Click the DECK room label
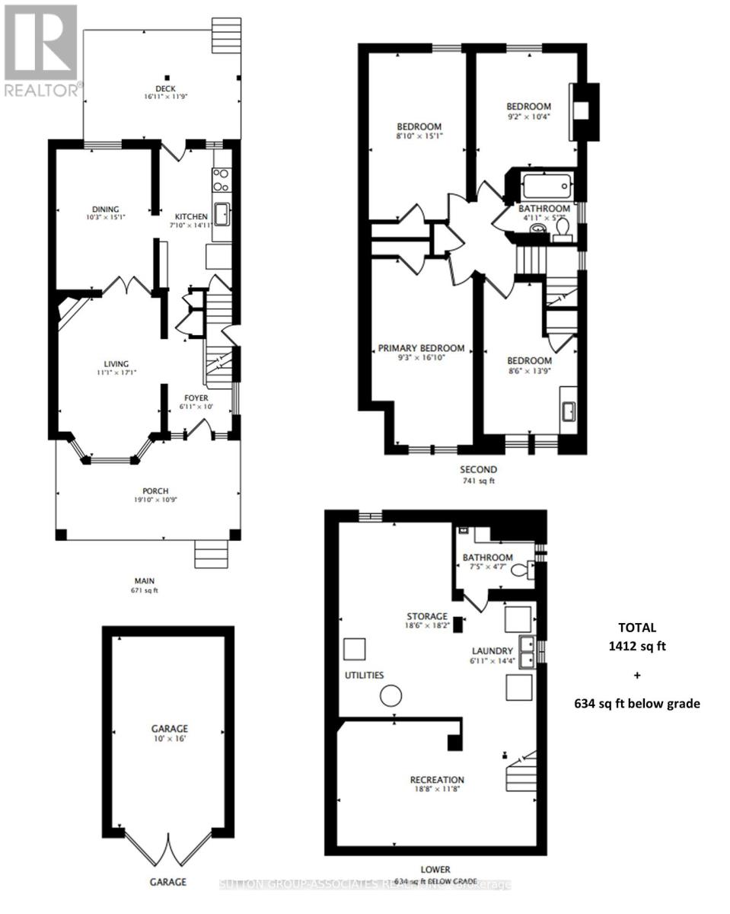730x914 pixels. click(164, 88)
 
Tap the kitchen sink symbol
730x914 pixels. click(222, 215)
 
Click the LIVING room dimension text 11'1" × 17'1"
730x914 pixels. click(116, 373)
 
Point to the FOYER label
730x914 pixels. click(196, 398)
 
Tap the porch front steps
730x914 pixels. click(212, 554)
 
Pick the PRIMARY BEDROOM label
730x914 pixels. click(421, 349)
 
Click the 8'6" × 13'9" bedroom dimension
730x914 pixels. click(530, 371)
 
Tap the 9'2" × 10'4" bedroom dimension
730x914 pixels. click(529, 117)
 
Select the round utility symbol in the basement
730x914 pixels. click(391, 695)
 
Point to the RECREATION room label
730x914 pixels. click(437, 780)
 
